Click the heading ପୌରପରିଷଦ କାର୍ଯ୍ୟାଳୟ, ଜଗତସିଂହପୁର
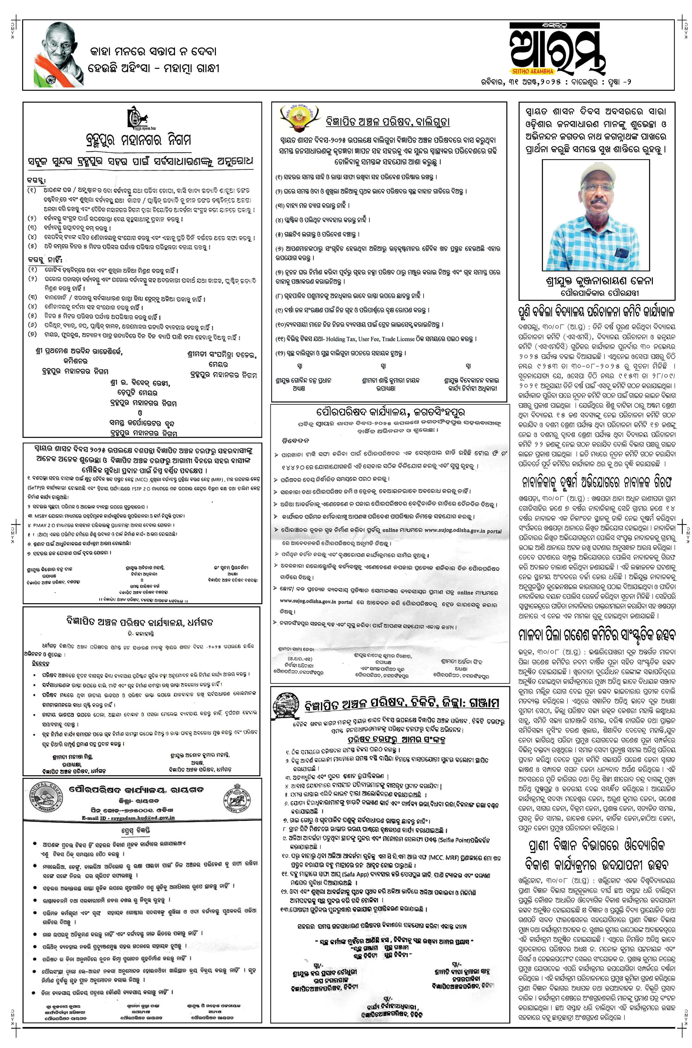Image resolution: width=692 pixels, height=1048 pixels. click(390, 412)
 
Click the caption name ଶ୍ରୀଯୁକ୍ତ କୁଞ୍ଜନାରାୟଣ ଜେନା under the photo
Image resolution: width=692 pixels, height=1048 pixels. click(599, 281)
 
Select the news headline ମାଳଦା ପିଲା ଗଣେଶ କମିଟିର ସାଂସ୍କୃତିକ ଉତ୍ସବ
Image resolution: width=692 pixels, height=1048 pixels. click(596, 635)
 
